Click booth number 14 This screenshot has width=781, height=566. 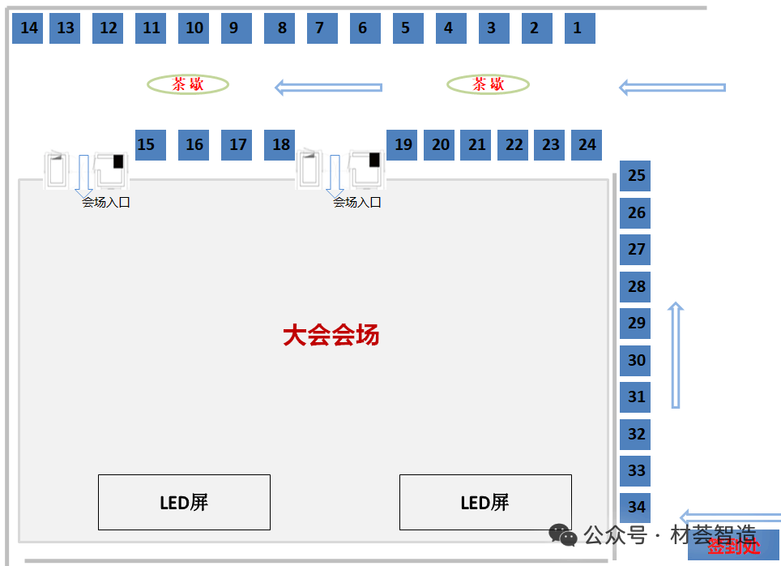[28, 28]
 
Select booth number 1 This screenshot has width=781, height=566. [579, 28]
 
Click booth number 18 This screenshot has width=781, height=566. [280, 145]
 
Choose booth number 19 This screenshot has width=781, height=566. [402, 145]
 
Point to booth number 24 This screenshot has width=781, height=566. [587, 145]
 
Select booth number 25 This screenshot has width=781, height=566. [635, 176]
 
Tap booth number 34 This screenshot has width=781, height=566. [635, 507]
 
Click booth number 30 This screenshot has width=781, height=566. [635, 360]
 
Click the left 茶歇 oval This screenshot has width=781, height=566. [188, 84]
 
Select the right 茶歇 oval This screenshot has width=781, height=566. [488, 84]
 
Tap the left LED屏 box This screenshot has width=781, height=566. [184, 502]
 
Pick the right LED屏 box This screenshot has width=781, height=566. [485, 502]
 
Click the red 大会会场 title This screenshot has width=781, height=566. [331, 335]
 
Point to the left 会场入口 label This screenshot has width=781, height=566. [106, 203]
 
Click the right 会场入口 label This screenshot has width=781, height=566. [357, 203]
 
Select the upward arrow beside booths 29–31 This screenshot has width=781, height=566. [676, 355]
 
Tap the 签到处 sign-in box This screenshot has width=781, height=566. [733, 546]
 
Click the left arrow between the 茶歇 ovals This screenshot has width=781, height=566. [328, 87]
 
